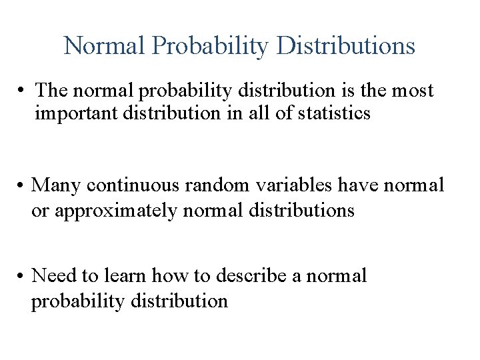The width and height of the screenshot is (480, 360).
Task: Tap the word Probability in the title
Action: point(209,46)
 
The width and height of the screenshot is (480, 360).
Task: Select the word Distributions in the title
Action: point(345,46)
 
